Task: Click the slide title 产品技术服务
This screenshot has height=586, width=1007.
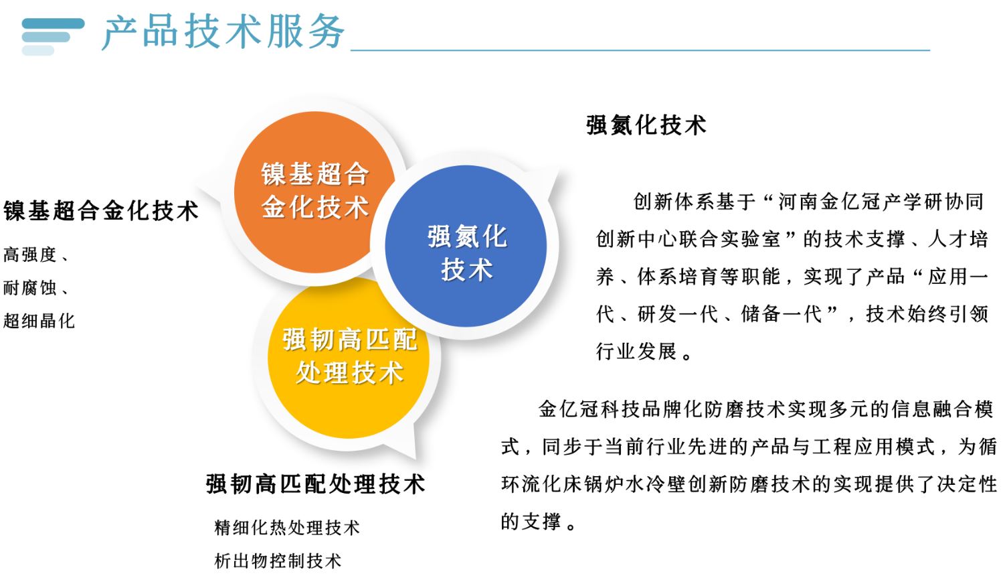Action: point(223,31)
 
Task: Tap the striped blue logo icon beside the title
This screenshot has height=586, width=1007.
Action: point(53,36)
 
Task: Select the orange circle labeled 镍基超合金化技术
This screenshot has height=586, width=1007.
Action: point(314,192)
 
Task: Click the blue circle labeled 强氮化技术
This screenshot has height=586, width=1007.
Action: point(466,246)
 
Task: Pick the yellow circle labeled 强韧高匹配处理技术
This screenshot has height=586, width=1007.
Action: point(349,358)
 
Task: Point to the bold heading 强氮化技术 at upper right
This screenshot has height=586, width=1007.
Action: point(646,125)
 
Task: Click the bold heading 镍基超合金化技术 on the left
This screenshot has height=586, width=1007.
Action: point(101,211)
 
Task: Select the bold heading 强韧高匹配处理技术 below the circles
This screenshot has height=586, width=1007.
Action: point(316,484)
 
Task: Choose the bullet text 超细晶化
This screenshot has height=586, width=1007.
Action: point(39,321)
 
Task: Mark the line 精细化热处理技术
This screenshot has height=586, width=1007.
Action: point(287,528)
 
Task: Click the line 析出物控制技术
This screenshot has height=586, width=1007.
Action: point(278,561)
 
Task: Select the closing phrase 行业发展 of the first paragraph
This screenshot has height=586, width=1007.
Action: point(636,351)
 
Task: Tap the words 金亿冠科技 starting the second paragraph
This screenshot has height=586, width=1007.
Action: point(589,409)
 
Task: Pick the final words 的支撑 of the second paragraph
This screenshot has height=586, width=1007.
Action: point(531,522)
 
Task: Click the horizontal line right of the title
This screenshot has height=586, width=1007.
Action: point(640,50)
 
